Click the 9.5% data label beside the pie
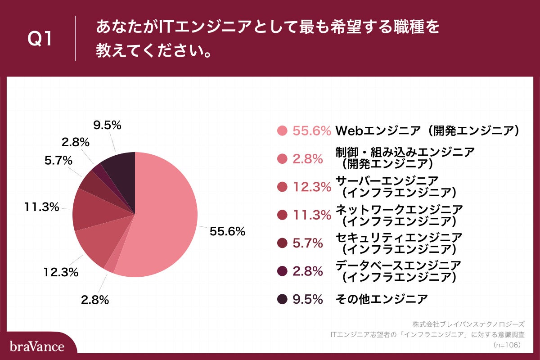tap(107, 126)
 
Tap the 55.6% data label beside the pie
tap(227, 231)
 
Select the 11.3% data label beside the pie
tap(42, 207)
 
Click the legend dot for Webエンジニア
tap(282, 131)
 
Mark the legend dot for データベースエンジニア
tap(282, 271)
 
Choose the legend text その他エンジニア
tap(381, 299)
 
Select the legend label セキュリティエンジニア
tap(399, 237)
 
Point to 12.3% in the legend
tap(311, 187)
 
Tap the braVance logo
tap(37, 346)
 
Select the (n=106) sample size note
tap(507, 344)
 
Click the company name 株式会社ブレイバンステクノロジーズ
tap(468, 324)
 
